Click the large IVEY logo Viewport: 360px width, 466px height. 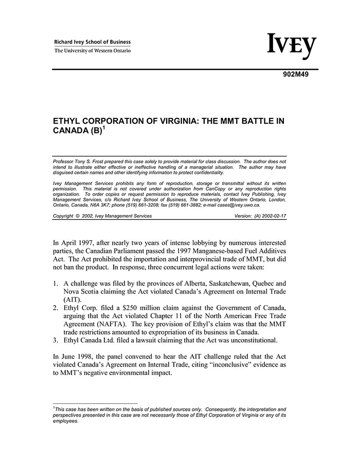292,47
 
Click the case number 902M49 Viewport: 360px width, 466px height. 295,74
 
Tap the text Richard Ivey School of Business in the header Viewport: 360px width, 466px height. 93,42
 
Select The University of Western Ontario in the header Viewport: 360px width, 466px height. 93,50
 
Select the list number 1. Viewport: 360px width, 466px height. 56,283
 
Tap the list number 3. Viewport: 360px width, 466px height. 56,339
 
